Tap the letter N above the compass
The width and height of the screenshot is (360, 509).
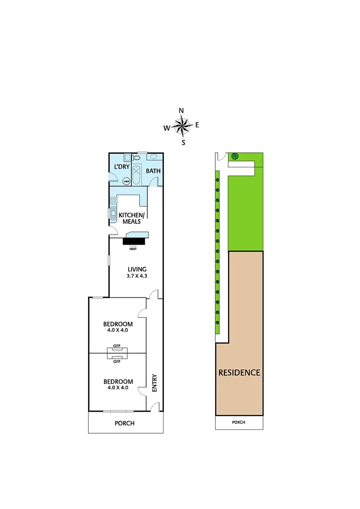click(181, 111)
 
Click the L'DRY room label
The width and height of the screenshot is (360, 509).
click(122, 167)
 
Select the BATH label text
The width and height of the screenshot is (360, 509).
click(153, 171)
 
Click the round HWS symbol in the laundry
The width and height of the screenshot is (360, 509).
click(126, 181)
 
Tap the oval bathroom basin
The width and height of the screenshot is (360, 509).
click(154, 157)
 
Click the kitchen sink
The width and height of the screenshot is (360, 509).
click(114, 215)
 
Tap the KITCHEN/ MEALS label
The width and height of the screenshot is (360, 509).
click(130, 218)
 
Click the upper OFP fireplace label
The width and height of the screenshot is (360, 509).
click(117, 346)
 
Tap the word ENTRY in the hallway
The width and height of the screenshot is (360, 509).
click(154, 383)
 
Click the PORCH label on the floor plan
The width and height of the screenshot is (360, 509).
click(124, 423)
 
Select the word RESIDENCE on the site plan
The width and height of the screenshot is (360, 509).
click(239, 372)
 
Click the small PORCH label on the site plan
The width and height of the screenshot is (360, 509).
click(239, 422)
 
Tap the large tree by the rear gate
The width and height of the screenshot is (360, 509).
click(234, 156)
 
